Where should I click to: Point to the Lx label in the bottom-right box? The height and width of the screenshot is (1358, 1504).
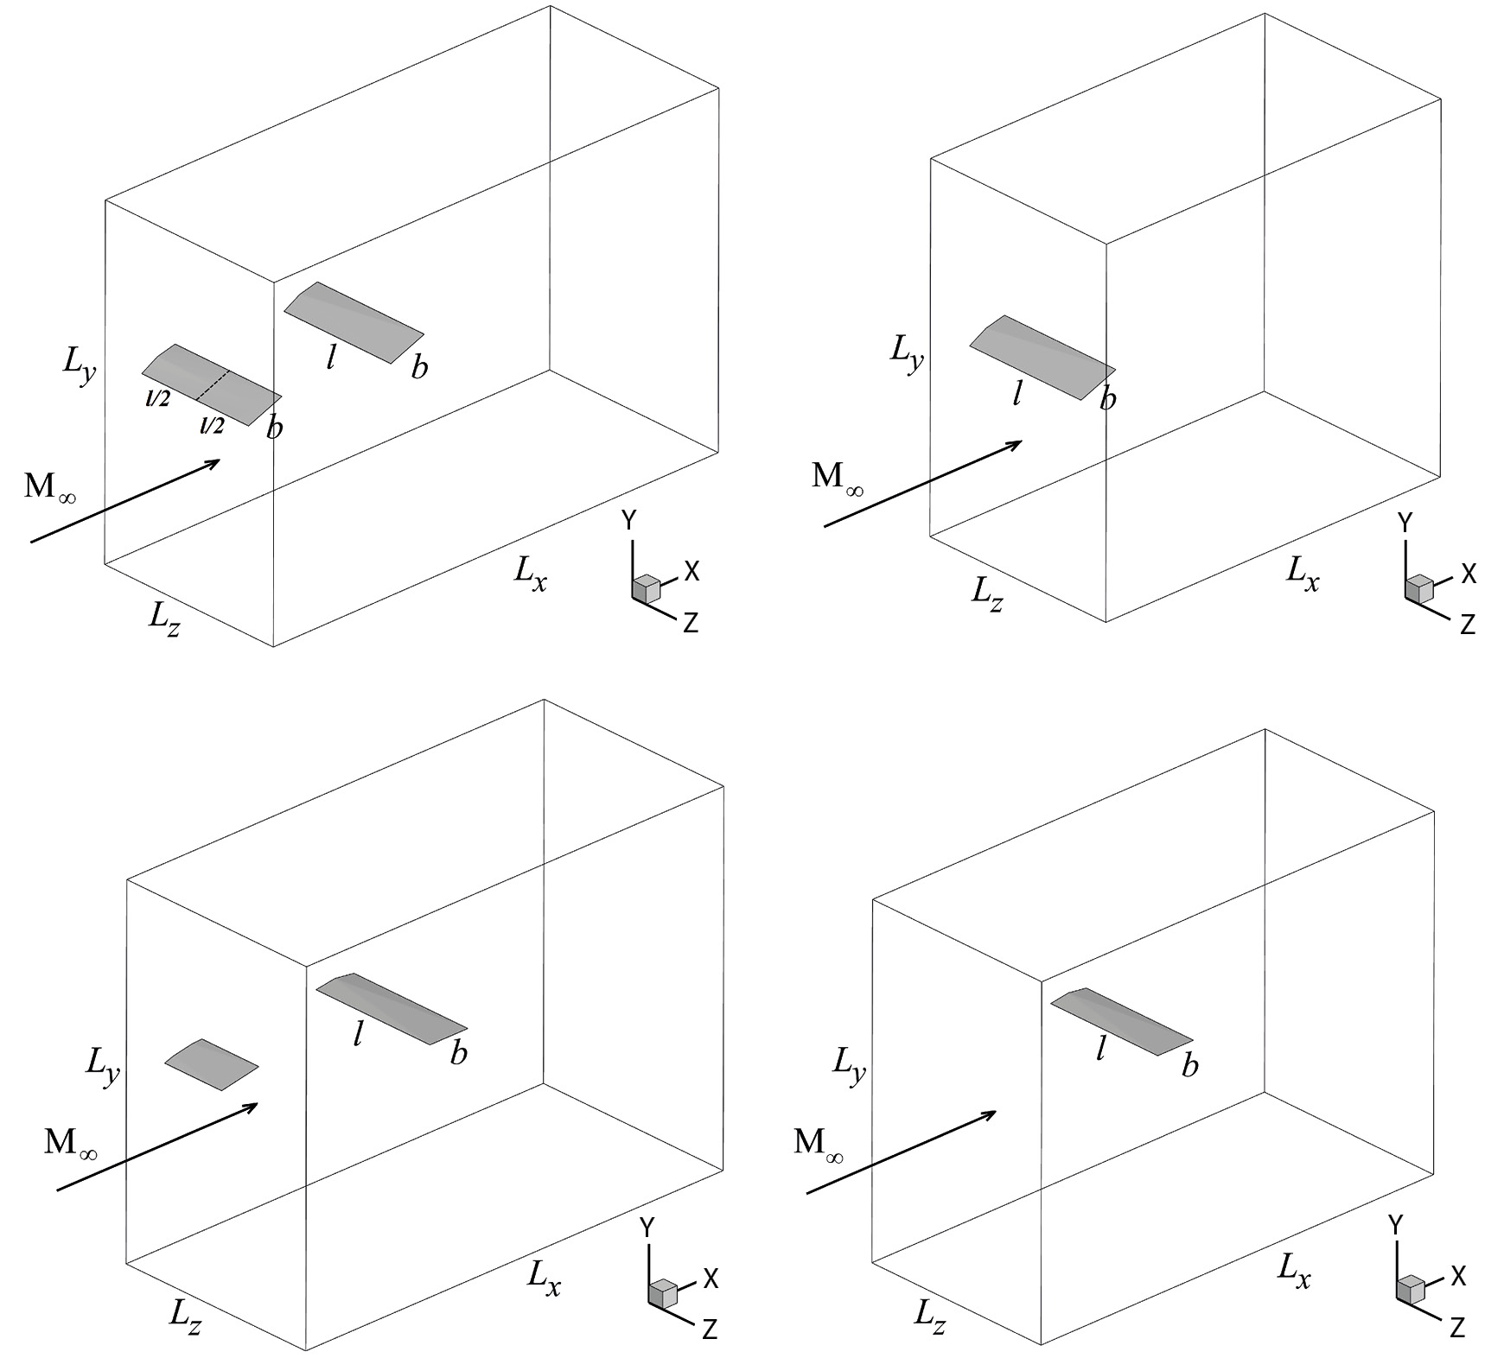tap(1293, 1271)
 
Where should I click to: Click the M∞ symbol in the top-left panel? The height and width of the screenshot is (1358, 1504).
tap(50, 489)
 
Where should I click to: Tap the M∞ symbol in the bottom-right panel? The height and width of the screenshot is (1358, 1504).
tap(818, 1145)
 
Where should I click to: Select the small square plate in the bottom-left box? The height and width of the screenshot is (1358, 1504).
tap(212, 1064)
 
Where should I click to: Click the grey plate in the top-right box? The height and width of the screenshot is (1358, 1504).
tap(1042, 357)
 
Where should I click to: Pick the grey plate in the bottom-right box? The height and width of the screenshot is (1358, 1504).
tap(1122, 1021)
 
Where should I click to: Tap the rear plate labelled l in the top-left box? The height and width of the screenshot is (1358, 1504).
tap(354, 321)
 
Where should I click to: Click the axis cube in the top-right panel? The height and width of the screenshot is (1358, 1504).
tap(1418, 588)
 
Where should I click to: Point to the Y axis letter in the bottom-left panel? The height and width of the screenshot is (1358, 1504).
tap(647, 1227)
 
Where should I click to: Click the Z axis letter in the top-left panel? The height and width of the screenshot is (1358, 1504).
tap(691, 623)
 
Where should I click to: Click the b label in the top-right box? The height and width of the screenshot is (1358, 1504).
tap(1108, 399)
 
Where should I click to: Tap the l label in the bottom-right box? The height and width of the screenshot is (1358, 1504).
tap(1100, 1049)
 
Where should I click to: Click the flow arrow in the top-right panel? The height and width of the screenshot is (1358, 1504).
tap(923, 484)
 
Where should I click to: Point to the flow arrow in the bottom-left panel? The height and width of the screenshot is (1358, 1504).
tap(157, 1146)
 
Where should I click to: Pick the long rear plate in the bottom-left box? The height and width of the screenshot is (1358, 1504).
tap(392, 1008)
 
